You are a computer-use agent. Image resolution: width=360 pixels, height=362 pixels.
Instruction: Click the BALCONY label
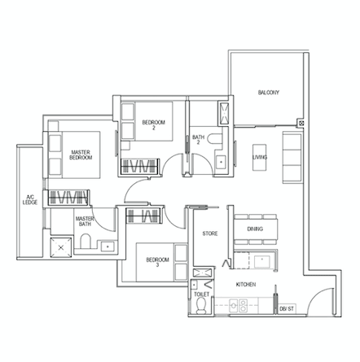coord(268,93)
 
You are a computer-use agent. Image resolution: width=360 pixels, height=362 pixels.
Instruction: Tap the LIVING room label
coord(260,157)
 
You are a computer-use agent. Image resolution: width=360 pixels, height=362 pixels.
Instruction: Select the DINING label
coord(255,229)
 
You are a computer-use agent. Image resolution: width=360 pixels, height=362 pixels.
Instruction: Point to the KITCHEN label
coord(246,285)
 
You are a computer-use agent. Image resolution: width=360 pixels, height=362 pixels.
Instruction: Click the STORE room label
coord(210,233)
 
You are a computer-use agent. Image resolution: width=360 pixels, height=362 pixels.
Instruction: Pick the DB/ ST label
coord(287,309)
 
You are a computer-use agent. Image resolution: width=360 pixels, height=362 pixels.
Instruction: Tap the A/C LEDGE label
coord(30,199)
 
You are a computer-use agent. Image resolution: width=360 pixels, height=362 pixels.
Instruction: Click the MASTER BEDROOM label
coord(81,155)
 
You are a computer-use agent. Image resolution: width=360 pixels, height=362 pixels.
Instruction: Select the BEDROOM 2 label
coord(154,125)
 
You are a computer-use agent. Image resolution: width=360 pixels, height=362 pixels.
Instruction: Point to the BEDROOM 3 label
coord(157,262)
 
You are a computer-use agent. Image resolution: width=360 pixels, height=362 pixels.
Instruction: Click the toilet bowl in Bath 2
coord(214,138)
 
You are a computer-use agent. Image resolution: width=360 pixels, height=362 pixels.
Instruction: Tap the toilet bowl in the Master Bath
coord(86,241)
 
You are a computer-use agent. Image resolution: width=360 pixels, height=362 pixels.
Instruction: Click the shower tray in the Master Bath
coord(61,247)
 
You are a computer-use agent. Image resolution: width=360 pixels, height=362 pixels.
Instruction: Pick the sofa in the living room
coord(292,157)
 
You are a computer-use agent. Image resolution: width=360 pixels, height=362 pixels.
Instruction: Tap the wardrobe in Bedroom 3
coord(143,216)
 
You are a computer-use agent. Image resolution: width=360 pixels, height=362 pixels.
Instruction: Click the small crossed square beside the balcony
coord(301,123)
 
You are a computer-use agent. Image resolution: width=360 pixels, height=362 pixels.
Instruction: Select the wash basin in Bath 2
coord(221,162)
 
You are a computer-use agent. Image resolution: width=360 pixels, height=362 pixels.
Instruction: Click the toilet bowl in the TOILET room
coord(201,306)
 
